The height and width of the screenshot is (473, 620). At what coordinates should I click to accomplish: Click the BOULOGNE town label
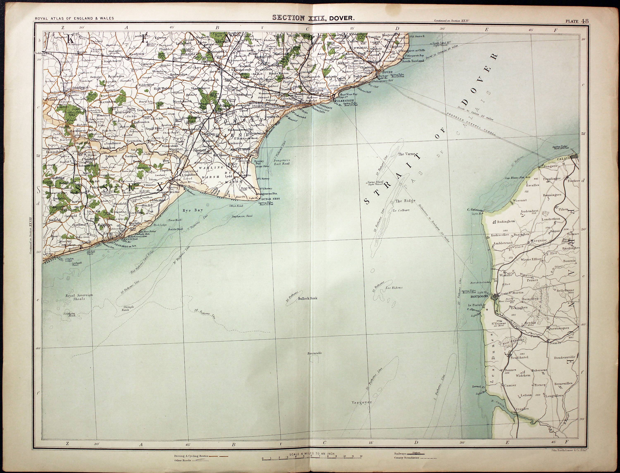pyautogui.click(x=480, y=297)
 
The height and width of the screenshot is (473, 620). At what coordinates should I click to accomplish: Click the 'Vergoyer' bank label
pyautogui.click(x=362, y=402)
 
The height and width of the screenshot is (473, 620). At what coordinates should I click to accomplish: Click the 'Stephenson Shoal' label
pyautogui.click(x=242, y=216)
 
